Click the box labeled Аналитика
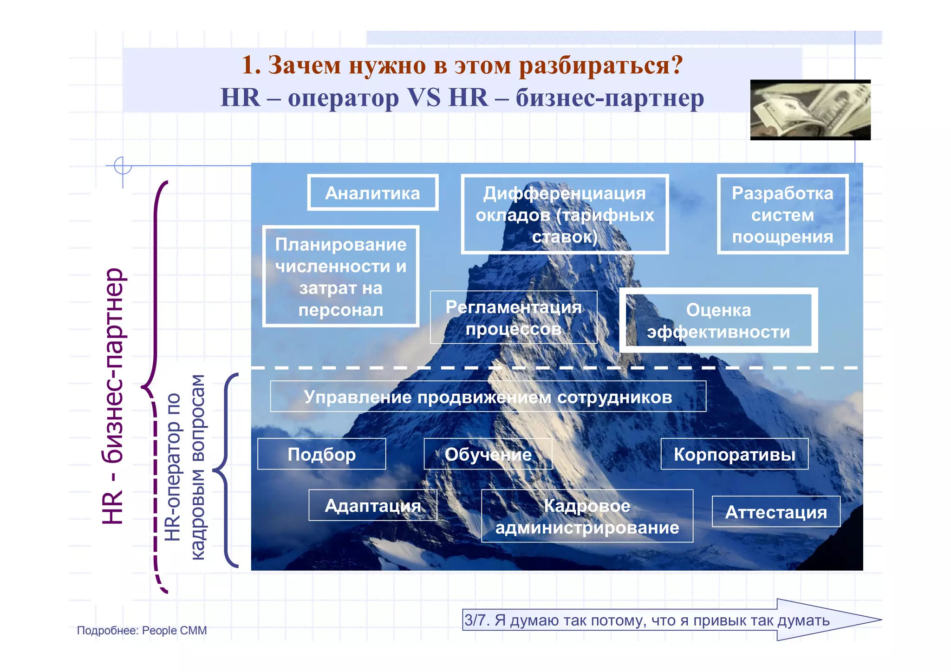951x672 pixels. pos(372,193)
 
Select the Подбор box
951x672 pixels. pos(321,454)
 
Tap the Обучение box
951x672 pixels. pos(488,454)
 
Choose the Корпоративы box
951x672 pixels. pos(734,454)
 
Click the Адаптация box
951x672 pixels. pos(372,505)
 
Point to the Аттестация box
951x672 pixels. pos(775,512)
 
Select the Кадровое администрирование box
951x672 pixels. pos(587,516)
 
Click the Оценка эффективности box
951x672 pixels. pos(718,320)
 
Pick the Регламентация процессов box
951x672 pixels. pos(513,318)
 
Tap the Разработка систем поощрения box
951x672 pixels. pos(782,215)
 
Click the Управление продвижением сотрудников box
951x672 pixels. pos(488,397)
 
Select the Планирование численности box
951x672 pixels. pos(340,277)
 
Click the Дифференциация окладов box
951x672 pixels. pos(564,215)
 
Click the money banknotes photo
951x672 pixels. pos(810,110)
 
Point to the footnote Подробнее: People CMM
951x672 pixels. pos(142,630)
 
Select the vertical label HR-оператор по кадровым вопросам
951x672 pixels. pos(185,467)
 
